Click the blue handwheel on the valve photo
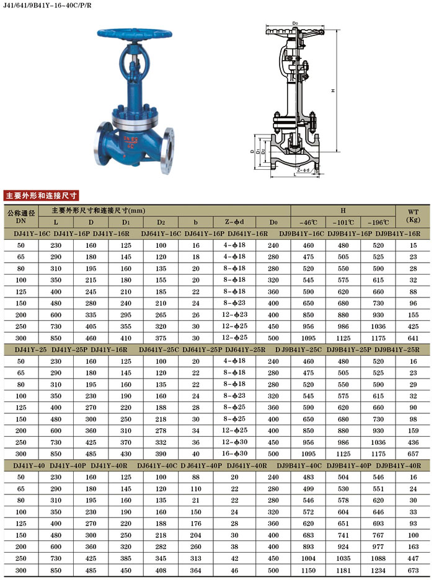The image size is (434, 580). tap(135, 34)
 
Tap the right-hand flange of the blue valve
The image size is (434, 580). tap(167, 151)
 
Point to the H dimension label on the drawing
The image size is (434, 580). tap(333, 90)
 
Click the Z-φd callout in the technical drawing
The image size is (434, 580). tap(303, 170)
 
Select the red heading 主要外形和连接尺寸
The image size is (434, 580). tap(41, 195)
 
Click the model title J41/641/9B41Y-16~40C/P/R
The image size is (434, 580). tap(47, 6)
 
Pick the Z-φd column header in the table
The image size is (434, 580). tap(234, 222)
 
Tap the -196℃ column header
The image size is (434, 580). tap(378, 222)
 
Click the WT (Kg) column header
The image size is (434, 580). tap(414, 216)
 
